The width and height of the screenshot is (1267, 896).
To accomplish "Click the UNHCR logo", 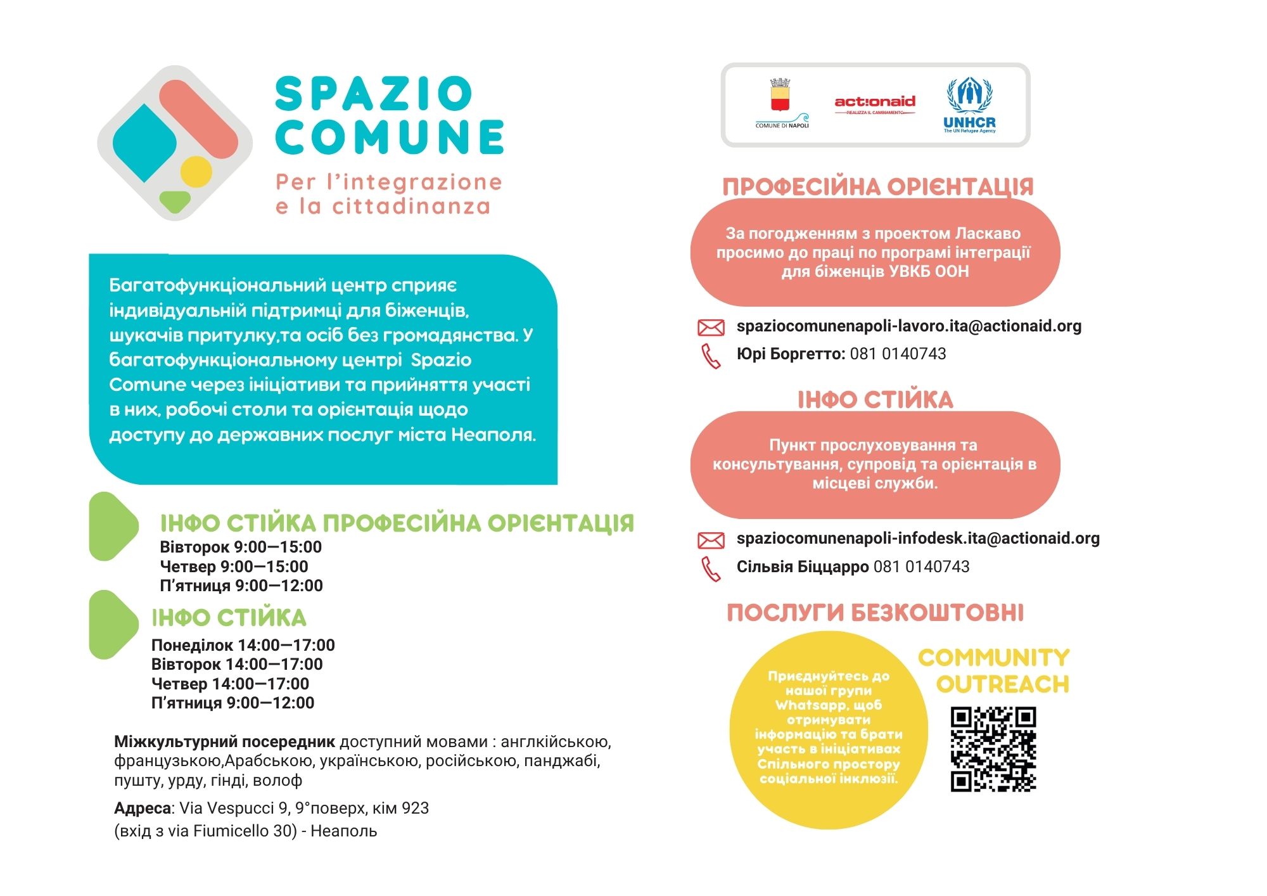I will point(969,105).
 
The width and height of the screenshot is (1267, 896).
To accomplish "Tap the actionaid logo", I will point(875,103).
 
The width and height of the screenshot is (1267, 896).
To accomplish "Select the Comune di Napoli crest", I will point(780,98).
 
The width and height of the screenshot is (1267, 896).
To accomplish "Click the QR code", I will point(993,749).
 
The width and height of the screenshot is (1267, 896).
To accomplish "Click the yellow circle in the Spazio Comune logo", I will point(196,171).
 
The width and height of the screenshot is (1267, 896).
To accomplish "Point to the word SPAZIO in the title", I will point(374,94).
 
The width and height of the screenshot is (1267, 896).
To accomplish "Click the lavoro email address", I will point(908,326).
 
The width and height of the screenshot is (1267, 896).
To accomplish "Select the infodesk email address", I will point(917,538).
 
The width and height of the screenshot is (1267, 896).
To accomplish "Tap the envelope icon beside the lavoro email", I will point(710,327).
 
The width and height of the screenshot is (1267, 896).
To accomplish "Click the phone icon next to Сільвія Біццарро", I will point(711,568).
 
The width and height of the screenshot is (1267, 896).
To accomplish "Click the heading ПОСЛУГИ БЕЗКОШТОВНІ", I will point(875,613).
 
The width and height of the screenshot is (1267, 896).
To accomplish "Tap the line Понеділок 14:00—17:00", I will point(243,645).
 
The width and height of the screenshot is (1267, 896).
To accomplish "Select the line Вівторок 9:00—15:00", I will point(241,547).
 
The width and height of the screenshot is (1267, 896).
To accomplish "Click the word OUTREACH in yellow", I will point(1002,684).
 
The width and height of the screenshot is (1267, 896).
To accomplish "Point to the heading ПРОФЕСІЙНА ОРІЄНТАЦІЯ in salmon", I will point(877,187).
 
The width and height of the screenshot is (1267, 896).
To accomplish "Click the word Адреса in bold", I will point(143,808).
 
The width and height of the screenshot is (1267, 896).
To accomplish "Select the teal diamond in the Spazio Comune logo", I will point(144,143).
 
